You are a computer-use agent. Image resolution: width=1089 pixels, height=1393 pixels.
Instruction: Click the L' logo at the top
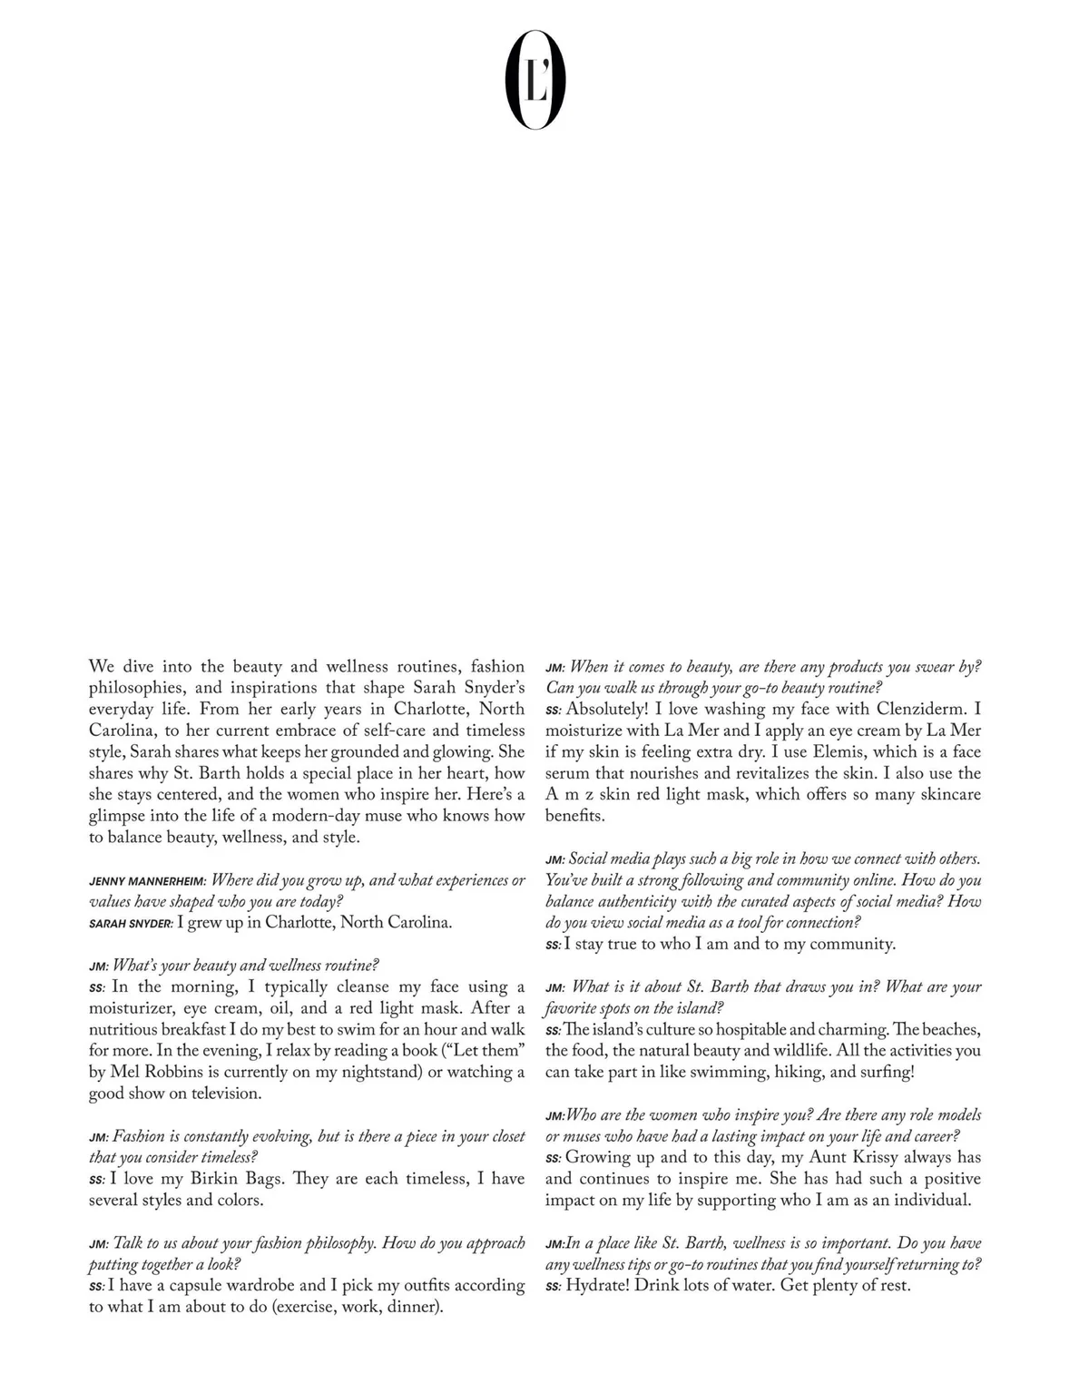(x=535, y=79)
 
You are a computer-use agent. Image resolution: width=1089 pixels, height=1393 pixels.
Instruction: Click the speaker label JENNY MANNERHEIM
(x=148, y=881)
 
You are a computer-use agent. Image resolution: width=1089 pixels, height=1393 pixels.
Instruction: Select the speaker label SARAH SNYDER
(x=131, y=924)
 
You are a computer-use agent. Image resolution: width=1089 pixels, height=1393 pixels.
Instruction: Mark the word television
(x=219, y=1094)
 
